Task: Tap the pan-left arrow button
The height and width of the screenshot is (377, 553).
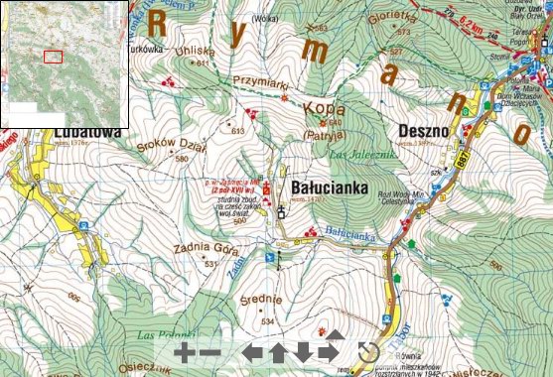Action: [253, 352]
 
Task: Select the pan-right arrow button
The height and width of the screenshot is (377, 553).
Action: [326, 352]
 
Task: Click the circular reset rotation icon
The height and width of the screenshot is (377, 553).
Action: [368, 352]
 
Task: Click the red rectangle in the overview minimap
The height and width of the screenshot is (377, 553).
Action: [53, 57]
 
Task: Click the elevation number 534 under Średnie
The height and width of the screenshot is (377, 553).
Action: [267, 321]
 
